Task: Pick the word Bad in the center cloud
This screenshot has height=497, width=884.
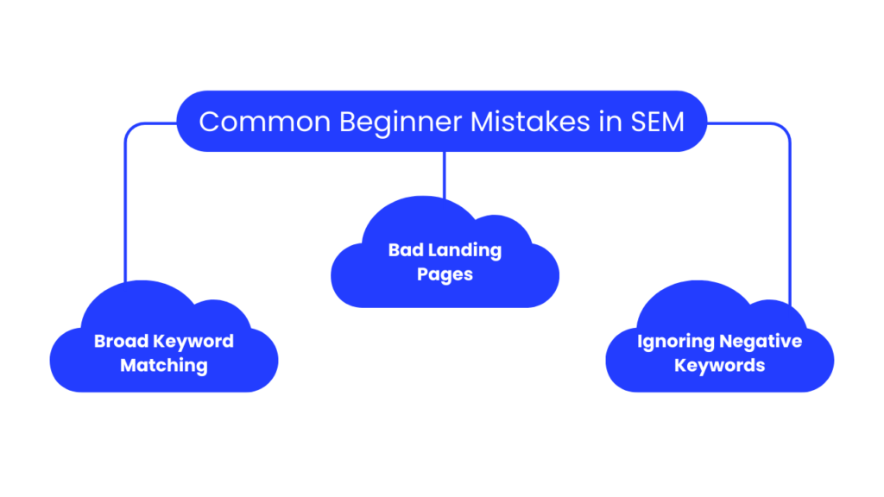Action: (x=405, y=251)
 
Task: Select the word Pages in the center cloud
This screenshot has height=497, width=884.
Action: (x=445, y=275)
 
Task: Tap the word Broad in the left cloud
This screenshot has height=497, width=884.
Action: (x=121, y=341)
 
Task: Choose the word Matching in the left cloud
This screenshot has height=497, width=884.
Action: (x=164, y=365)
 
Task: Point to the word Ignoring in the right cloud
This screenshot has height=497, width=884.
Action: (x=673, y=341)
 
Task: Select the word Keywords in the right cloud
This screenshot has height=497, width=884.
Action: (x=720, y=365)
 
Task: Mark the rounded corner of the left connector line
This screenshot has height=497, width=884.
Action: (x=129, y=128)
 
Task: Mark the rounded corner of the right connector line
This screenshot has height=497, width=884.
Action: (x=785, y=128)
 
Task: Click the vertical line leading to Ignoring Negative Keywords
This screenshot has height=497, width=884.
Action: (x=789, y=216)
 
